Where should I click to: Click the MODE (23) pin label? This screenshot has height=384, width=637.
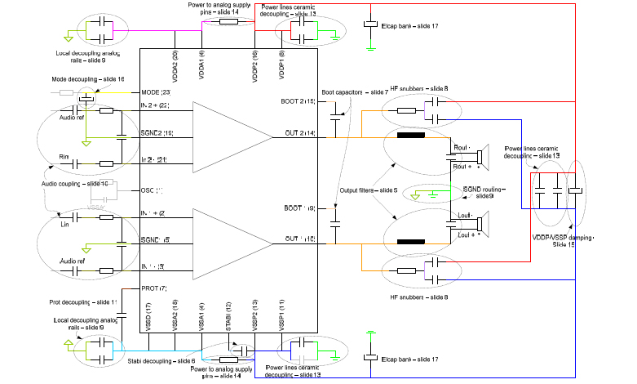click(155, 92)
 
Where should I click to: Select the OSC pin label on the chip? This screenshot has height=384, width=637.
click(152, 190)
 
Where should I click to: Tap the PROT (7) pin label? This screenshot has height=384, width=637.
click(154, 288)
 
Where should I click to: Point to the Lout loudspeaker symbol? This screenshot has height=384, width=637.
click(482, 224)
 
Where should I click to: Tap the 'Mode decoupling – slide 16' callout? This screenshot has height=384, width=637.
click(86, 78)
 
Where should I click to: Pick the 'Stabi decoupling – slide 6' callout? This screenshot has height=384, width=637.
click(161, 360)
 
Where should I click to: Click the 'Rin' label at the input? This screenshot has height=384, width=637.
click(63, 156)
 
